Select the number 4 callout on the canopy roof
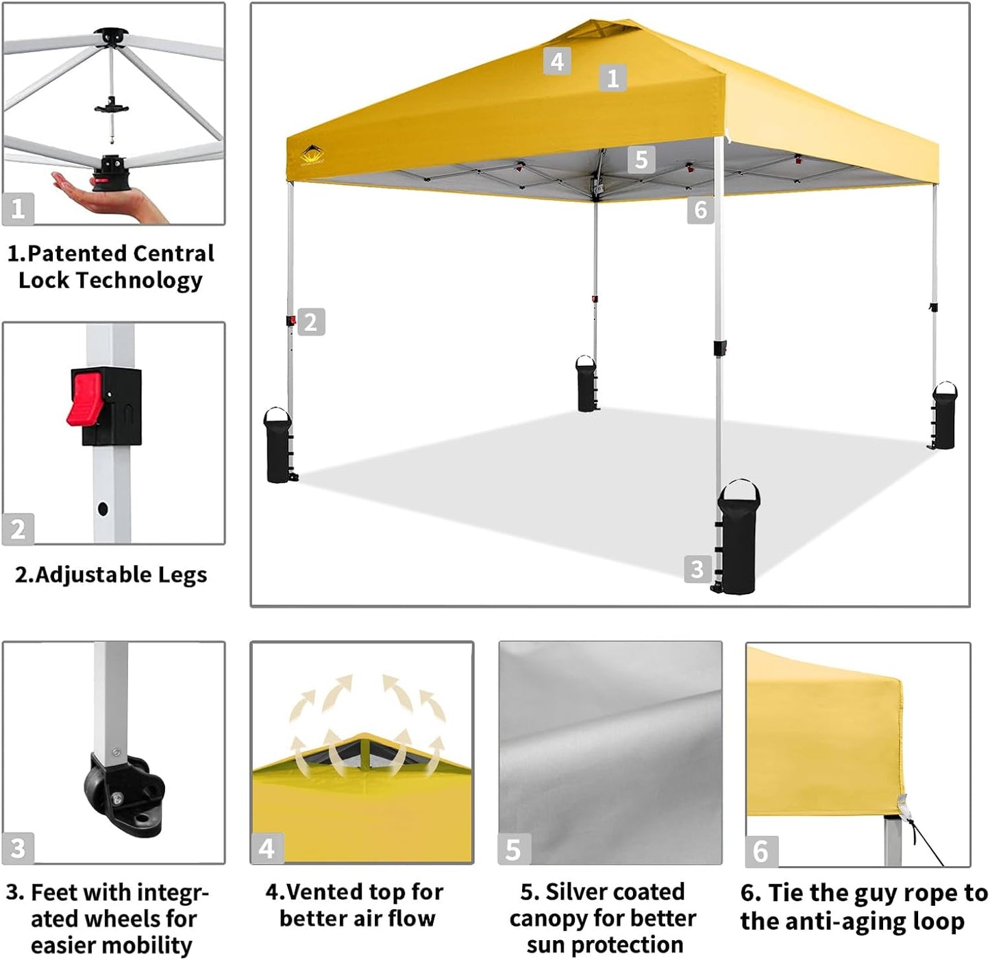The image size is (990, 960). tap(557, 62)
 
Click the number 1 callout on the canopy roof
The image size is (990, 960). tap(612, 78)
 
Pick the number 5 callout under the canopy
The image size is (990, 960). tap(641, 160)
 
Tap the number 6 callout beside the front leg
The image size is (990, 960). tap(700, 210)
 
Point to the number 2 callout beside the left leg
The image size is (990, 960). tap(311, 322)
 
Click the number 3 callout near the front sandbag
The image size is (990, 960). tap(697, 569)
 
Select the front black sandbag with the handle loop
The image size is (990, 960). tap(738, 541)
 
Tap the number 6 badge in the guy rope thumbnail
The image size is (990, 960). tap(760, 851)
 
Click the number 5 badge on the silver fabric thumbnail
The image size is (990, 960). tap(513, 850)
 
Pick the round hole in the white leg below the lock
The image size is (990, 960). tap(103, 509)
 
